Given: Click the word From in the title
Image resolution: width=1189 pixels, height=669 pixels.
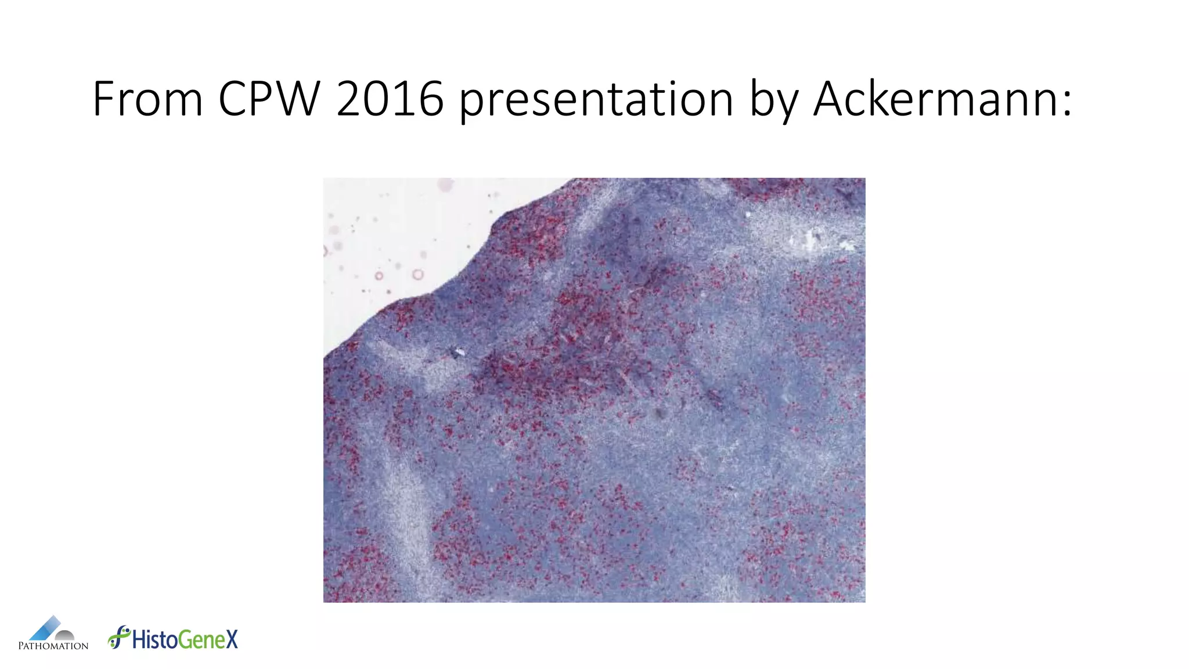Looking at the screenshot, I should pos(147,99).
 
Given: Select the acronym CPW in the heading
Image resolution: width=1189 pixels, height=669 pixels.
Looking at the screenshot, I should pos(269,99).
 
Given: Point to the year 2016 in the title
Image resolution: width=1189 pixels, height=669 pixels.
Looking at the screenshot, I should pos(390,99).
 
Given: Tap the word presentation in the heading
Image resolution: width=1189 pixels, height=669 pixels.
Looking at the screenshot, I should pos(596,100).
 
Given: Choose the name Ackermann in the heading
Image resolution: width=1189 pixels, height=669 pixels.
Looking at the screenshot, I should pos(935,99).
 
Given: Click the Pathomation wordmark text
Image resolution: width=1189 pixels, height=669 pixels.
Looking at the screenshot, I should pos(53,646).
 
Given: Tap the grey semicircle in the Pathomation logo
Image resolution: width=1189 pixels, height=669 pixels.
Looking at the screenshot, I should pos(64,636).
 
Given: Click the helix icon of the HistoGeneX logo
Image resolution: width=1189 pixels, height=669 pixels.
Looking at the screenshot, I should pos(119,637).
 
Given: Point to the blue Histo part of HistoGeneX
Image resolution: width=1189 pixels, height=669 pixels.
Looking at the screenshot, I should pos(155,639).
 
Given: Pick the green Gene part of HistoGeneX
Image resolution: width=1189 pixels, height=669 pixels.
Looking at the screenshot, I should pos(201,640).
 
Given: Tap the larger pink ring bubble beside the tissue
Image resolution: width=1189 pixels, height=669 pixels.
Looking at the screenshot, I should pos(417,275).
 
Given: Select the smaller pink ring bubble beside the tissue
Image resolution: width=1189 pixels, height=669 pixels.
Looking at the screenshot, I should pos(379,276).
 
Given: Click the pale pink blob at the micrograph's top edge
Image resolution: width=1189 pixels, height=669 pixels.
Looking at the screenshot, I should pos(446,185).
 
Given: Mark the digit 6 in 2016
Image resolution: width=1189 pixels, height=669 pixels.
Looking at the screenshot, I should pos(431,99).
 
